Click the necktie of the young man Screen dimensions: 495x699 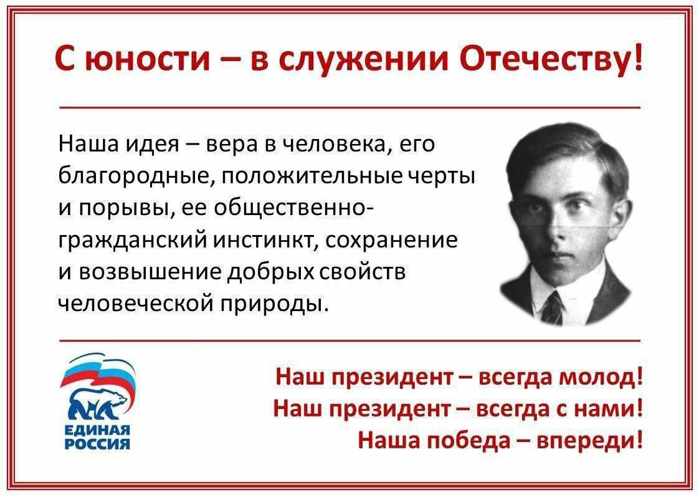551,307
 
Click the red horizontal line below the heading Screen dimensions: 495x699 349,108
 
